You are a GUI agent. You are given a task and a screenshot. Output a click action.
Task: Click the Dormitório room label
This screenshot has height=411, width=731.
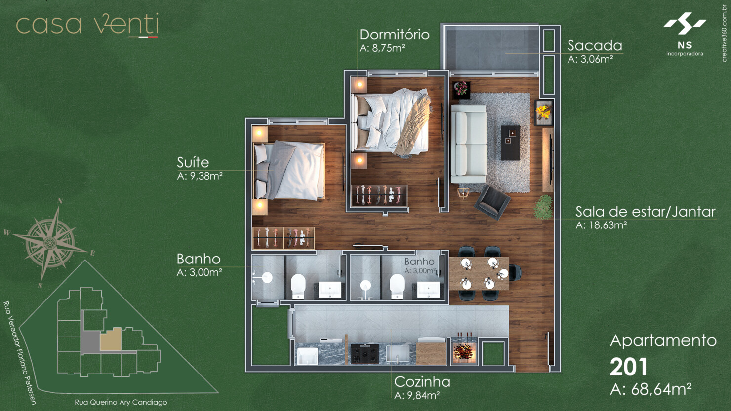394,35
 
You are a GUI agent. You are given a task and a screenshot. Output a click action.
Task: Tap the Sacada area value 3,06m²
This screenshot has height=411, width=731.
590,59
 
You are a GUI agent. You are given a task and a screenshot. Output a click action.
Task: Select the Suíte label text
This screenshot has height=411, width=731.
193,162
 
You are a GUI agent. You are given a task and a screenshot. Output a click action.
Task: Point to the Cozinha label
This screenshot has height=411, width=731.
422,382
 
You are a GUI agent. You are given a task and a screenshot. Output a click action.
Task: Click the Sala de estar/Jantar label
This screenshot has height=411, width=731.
645,212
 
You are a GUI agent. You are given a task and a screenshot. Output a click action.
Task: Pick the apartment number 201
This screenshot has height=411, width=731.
628,367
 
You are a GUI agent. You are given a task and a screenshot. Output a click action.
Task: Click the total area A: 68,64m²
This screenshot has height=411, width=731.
650,389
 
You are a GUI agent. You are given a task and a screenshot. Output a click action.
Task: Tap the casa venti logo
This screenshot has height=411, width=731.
87,25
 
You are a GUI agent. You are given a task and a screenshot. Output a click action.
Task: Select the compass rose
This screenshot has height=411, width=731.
50,242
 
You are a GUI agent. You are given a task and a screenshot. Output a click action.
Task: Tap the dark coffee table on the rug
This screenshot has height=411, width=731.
510,143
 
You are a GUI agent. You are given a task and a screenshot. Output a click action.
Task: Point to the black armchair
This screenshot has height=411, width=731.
492,201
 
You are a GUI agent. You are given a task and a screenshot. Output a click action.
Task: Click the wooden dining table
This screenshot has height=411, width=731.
479,273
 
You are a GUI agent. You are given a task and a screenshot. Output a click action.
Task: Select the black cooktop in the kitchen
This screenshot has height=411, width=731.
365,354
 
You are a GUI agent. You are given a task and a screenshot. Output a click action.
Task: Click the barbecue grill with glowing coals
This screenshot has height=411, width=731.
464,351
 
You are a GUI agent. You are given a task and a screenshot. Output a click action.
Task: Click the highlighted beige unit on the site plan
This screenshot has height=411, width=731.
111,340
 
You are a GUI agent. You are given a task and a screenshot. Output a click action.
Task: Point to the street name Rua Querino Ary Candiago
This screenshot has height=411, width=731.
121,402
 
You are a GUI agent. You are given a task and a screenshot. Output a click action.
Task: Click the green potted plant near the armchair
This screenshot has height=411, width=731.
543,206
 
